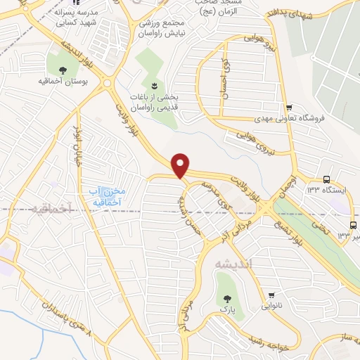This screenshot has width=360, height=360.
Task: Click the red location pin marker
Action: pyautogui.click(x=181, y=166)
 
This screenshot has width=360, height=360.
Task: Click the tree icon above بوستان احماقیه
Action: pyautogui.click(x=63, y=70)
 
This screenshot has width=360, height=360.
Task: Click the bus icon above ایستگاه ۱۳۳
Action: pyautogui.click(x=327, y=180)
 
